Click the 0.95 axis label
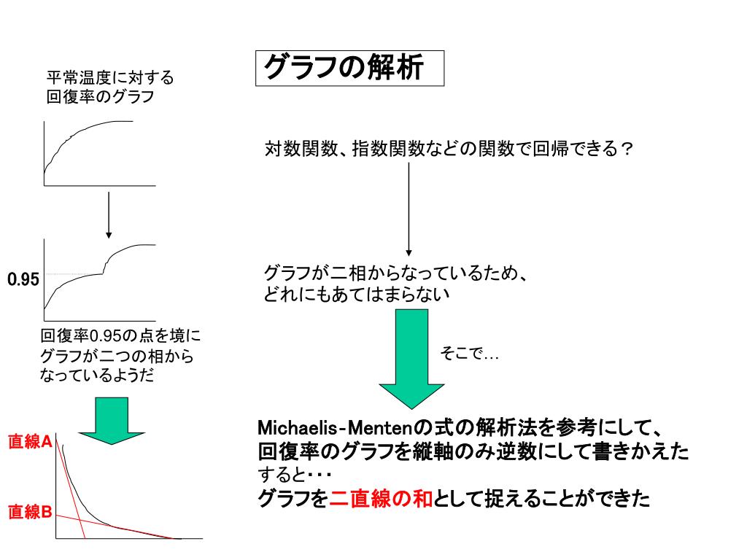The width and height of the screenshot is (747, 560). tap(23, 279)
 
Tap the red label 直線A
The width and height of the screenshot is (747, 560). tap(29, 441)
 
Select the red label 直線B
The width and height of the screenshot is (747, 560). tap(29, 513)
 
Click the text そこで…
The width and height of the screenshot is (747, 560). tap(468, 354)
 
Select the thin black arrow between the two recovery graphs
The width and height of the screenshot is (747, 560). tap(109, 214)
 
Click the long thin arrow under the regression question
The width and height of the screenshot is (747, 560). tap(409, 209)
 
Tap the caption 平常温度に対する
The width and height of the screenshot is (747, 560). tap(110, 78)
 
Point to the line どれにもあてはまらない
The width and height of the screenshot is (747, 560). tap(357, 295)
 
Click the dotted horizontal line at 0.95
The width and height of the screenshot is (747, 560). tap(73, 274)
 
